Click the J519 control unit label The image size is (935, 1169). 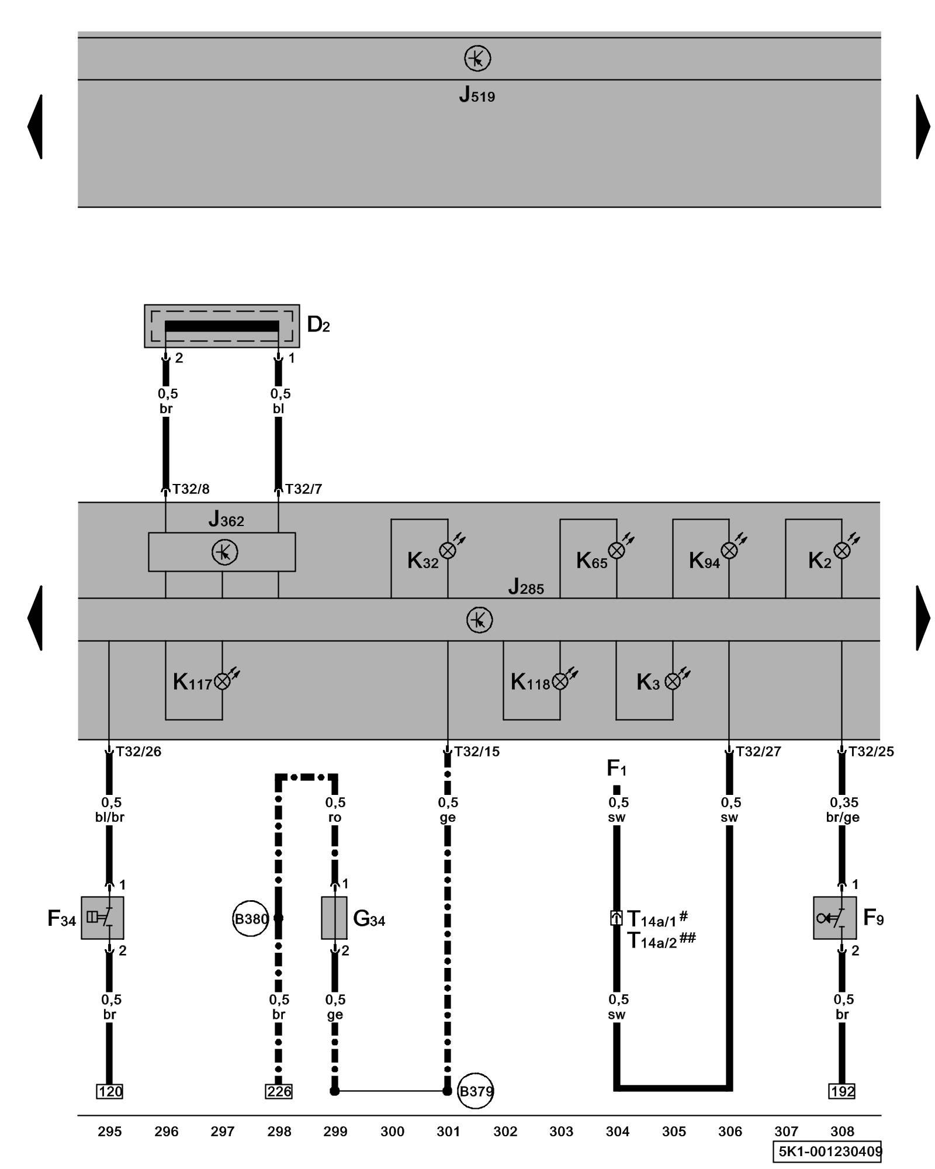tap(477, 95)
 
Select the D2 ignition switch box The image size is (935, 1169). tap(221, 326)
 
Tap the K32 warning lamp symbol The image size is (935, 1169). tap(448, 550)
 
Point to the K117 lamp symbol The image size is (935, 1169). tap(222, 681)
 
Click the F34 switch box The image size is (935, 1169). tap(102, 918)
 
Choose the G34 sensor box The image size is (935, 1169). tap(334, 918)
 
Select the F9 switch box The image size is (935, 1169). tap(834, 918)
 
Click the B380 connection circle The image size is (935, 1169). tap(251, 919)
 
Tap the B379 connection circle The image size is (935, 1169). tap(476, 1091)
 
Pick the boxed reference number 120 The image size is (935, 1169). tap(109, 1091)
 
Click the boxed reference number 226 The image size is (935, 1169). tap(279, 1091)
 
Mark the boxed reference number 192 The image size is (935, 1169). tap(842, 1091)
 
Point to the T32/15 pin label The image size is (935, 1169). tap(477, 752)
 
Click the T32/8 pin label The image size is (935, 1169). tap(191, 489)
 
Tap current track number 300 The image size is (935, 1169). tap(392, 1132)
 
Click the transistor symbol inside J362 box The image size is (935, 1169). tap(224, 552)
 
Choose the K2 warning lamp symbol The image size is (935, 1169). tap(841, 550)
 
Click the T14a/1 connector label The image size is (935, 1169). tap(652, 919)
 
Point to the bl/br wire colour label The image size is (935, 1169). tap(110, 817)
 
